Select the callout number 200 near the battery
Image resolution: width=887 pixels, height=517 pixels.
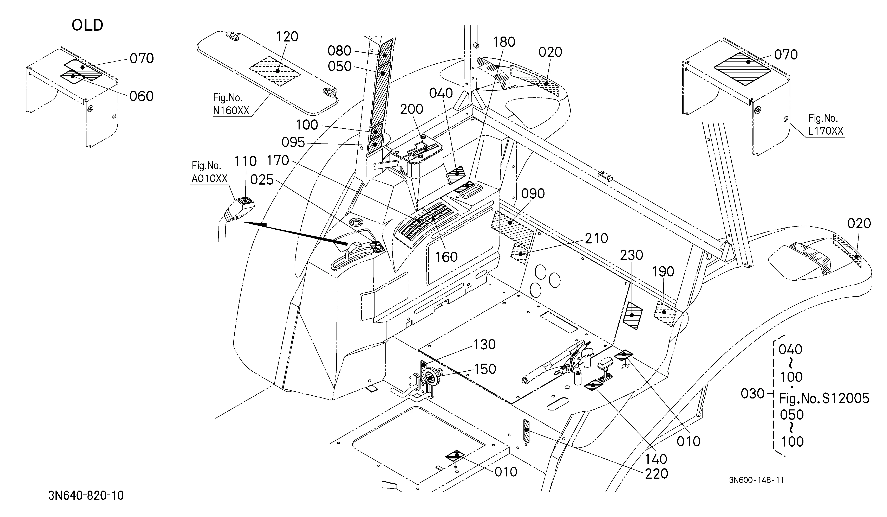(411, 109)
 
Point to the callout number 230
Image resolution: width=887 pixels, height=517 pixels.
(631, 255)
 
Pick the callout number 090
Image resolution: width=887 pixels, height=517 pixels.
(533, 194)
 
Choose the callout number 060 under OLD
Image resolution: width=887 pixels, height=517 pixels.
(142, 96)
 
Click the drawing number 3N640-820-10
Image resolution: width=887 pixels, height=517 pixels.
(86, 496)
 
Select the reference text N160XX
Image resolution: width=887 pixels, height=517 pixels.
(231, 111)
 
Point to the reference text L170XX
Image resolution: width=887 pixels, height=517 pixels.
(826, 131)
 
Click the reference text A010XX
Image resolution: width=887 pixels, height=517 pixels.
(209, 179)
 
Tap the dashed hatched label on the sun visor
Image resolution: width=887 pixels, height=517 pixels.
(275, 71)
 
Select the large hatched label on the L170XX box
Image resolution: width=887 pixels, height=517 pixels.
(742, 69)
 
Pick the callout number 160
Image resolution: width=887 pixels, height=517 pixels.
(446, 257)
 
